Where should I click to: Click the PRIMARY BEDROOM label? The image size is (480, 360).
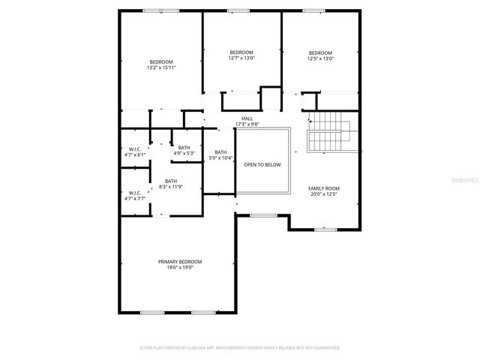180,262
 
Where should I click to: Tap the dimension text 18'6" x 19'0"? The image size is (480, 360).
180,268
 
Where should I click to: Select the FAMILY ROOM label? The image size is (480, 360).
324,188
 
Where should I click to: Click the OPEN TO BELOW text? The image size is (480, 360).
262,164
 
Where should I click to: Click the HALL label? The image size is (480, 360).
247,118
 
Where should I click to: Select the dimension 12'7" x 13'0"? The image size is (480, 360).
241,58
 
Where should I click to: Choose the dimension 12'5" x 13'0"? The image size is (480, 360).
321,58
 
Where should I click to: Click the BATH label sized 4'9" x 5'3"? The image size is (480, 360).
184,148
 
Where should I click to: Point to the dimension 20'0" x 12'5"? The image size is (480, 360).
324,194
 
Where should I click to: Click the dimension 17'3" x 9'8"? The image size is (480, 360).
247,124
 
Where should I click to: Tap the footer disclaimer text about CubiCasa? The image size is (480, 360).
240,348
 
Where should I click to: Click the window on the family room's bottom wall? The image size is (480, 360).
325,229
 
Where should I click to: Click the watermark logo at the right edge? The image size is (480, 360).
466,181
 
